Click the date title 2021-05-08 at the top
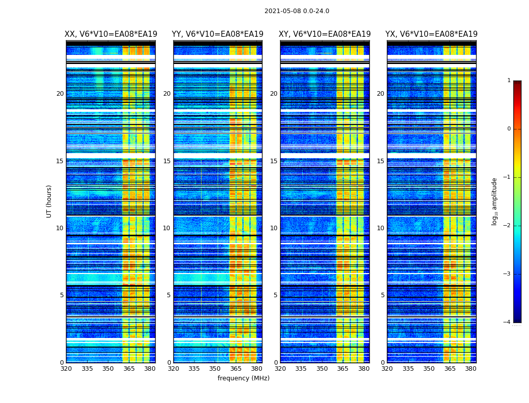click(297, 11)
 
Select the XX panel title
click(111, 34)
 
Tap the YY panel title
click(218, 34)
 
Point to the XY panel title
click(325, 34)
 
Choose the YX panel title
click(431, 34)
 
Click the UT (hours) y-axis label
click(49, 201)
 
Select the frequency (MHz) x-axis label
click(243, 378)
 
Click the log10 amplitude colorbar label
click(495, 201)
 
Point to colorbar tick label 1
click(508, 81)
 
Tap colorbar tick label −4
click(507, 322)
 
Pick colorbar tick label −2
click(507, 226)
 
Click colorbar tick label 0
click(508, 129)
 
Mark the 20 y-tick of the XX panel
click(60, 94)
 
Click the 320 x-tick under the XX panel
click(66, 369)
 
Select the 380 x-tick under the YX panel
click(471, 369)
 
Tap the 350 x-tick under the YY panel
click(215, 369)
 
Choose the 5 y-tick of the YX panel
click(382, 295)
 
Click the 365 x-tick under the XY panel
click(343, 369)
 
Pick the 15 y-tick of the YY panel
click(167, 161)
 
